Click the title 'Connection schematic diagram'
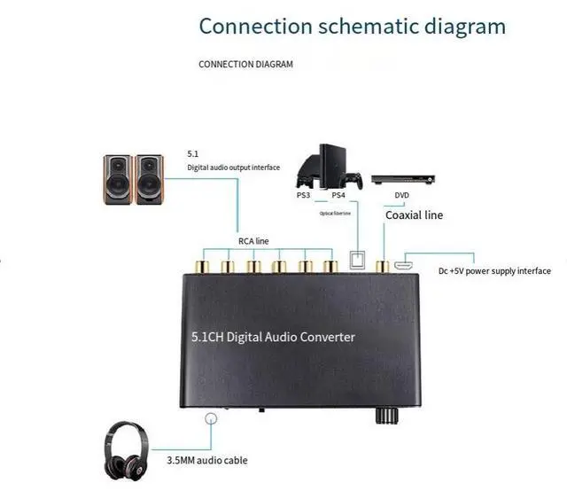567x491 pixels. click(x=352, y=25)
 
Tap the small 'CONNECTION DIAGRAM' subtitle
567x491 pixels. click(x=245, y=64)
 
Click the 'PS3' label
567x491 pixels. click(x=304, y=195)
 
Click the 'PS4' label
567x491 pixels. click(x=338, y=195)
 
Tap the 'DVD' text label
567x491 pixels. click(x=401, y=195)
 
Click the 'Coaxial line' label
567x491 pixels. click(x=414, y=214)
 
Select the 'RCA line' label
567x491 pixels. click(x=254, y=239)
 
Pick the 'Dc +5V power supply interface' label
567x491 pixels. click(x=494, y=271)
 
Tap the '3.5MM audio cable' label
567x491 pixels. click(x=207, y=460)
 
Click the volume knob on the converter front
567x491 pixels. click(x=386, y=416)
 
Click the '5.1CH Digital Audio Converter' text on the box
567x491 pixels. click(x=274, y=337)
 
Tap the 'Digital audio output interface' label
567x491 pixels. click(x=233, y=168)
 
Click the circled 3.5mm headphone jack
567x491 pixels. click(x=211, y=419)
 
